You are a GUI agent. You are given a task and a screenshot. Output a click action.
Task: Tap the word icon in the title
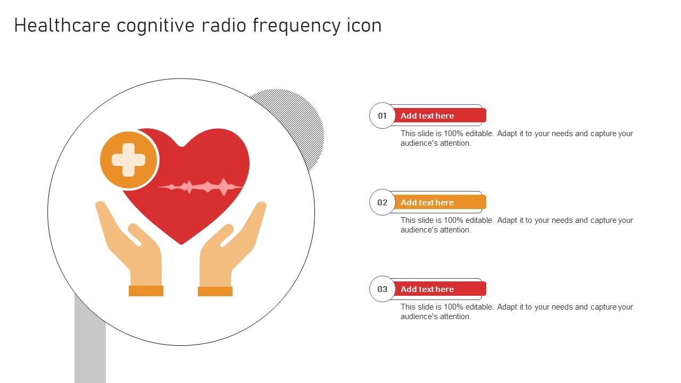pos(364,26)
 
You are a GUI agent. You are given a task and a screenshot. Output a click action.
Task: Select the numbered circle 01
pos(382,115)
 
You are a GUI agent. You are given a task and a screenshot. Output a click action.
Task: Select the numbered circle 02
pos(382,202)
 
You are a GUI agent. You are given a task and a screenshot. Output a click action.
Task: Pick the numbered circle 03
pos(382,289)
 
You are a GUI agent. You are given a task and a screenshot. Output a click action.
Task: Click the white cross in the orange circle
pos(129,160)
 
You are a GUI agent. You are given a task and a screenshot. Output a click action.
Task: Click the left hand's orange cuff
pos(146,291)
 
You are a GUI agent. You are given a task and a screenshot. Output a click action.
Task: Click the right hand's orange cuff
pos(215,292)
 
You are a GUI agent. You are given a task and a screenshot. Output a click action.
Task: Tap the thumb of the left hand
pos(135,235)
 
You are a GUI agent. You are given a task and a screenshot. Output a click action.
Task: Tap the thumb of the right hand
pos(227,235)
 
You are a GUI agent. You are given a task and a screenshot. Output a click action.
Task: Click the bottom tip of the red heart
pos(181,243)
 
